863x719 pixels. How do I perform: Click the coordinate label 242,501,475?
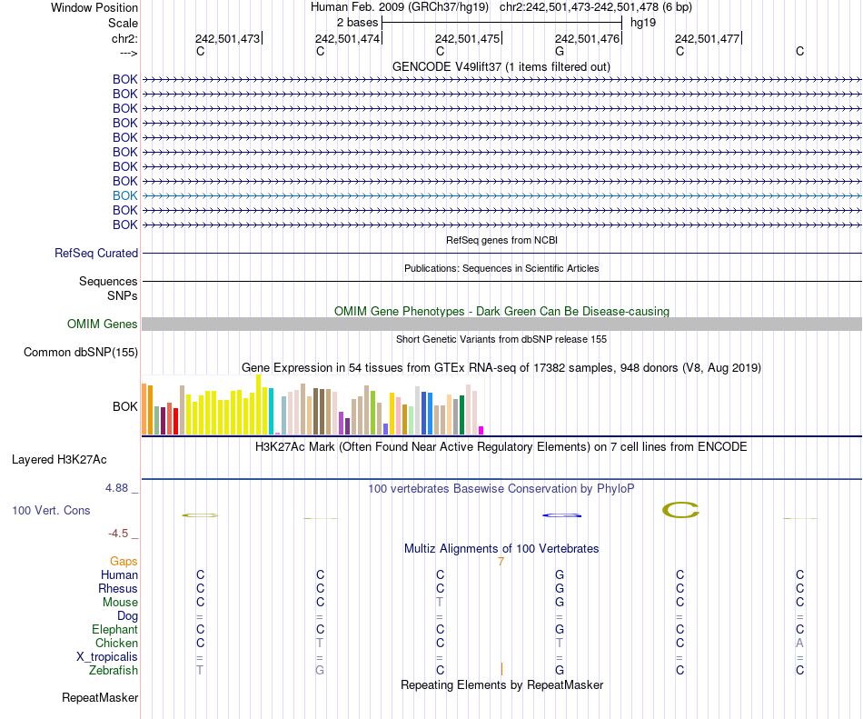(467, 38)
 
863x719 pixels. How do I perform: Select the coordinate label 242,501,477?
(707, 38)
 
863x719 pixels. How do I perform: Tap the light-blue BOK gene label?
(125, 195)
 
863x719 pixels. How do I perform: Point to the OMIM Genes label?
(103, 325)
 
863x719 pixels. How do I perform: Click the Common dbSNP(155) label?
(81, 353)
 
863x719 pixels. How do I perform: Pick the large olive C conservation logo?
(680, 511)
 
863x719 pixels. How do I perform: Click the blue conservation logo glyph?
(561, 515)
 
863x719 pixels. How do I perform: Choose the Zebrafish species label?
(114, 671)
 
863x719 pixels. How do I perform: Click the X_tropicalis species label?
(107, 657)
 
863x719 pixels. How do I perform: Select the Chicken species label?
(116, 644)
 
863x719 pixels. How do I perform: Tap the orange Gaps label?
(124, 562)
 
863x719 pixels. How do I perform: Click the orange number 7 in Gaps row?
(501, 562)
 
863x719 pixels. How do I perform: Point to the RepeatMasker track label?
(100, 698)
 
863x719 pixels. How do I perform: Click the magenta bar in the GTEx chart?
(481, 430)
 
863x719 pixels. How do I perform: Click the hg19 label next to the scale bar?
(643, 22)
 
